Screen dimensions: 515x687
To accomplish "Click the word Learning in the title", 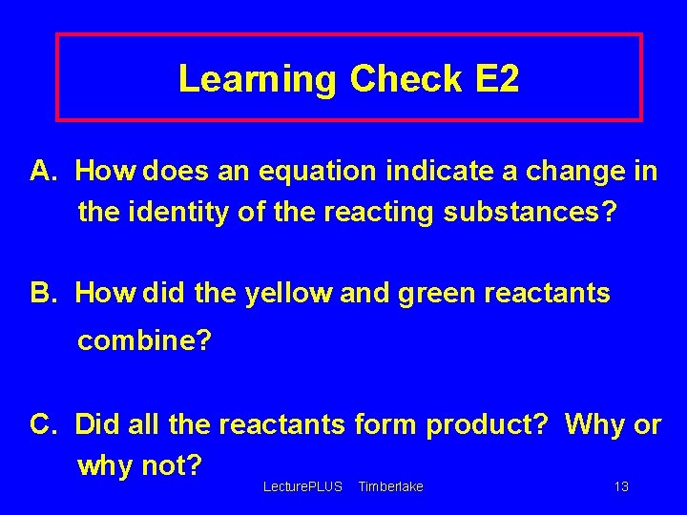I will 258,79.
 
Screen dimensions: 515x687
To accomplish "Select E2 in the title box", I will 496,79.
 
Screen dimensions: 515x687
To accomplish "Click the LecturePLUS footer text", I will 302,487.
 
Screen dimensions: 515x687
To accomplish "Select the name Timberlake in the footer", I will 390,487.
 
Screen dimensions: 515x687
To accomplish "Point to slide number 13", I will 621,487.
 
